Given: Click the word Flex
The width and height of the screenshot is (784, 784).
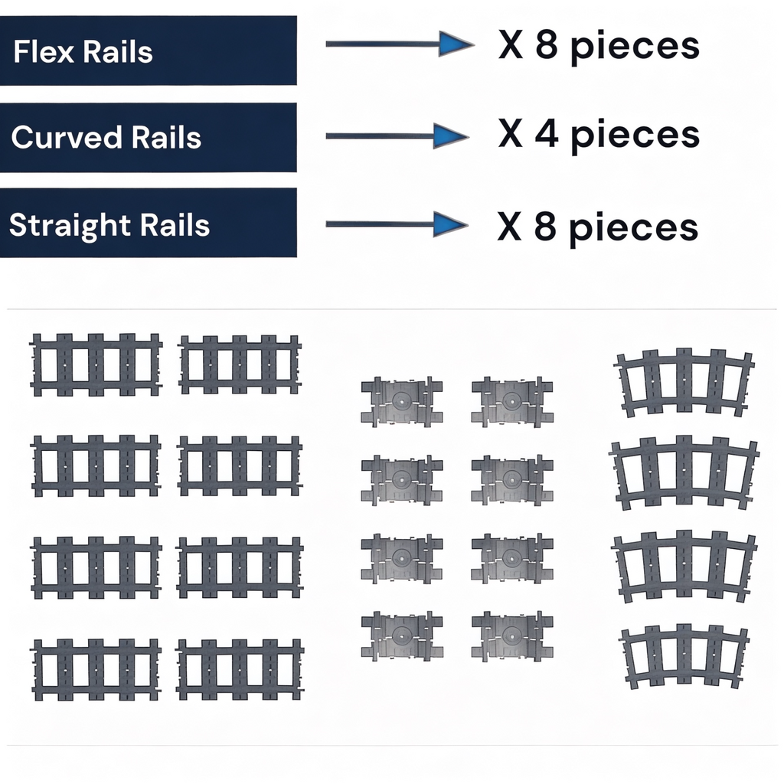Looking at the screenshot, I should (43, 52).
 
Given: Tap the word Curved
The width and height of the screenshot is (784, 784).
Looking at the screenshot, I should (67, 138).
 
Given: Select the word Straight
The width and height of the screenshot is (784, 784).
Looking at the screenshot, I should (70, 226).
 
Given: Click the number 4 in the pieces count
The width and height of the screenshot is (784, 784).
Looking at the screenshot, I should (547, 134).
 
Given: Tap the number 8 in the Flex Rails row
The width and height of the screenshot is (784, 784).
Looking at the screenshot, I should (547, 46).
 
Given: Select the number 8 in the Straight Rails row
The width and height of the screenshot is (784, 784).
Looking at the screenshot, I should (547, 227).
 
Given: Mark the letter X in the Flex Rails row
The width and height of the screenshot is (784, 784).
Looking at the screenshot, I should (510, 47).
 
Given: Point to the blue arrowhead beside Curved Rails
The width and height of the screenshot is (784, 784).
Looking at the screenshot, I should (450, 136).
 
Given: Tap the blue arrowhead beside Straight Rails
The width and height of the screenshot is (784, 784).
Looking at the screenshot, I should (450, 224).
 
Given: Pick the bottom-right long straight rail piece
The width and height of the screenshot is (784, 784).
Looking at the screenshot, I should (240, 669).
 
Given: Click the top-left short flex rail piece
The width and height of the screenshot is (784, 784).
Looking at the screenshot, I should (401, 401).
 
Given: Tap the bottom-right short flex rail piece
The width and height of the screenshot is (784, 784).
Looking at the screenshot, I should (511, 635).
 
